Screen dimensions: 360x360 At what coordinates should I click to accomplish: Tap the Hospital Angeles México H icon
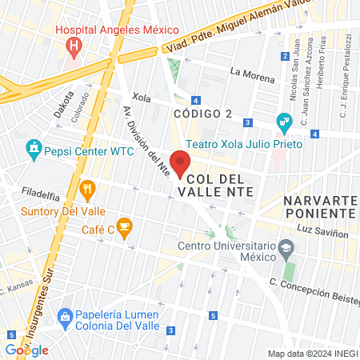[x=74, y=46]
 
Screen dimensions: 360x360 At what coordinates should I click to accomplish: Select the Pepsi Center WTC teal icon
[x=33, y=149]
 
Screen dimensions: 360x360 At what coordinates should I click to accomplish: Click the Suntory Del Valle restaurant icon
[x=88, y=190]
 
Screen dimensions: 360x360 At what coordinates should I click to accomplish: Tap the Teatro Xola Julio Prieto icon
[x=283, y=123]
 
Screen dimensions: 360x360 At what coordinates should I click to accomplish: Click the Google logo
[x=27, y=350]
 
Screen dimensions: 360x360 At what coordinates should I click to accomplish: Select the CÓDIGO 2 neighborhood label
[x=203, y=114]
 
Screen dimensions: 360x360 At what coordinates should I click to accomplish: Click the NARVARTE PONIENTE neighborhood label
[x=318, y=206]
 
